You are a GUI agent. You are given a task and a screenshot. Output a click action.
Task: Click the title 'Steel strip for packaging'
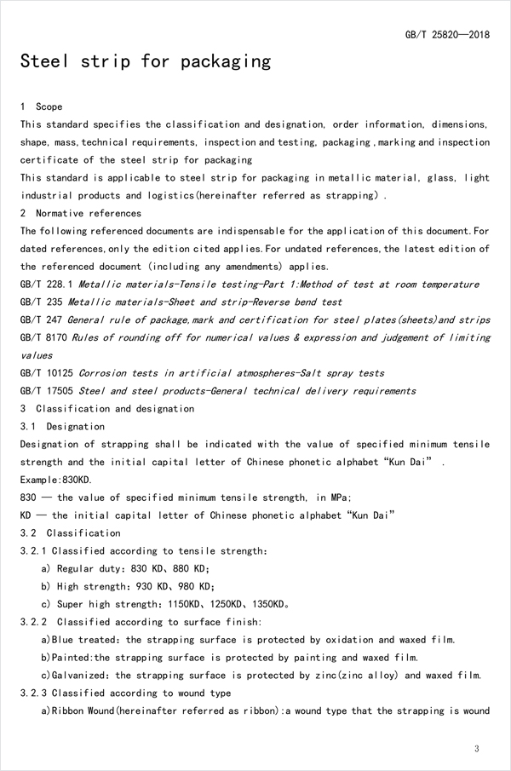click(x=146, y=62)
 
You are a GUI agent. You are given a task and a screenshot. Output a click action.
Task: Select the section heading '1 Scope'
click(x=41, y=107)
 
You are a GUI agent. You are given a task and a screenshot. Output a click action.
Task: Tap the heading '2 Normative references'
click(x=81, y=213)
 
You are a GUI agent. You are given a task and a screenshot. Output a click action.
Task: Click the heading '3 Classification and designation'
click(x=106, y=409)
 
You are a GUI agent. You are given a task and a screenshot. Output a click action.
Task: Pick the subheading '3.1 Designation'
click(x=62, y=427)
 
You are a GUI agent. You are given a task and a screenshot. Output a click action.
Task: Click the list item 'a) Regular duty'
click(x=80, y=568)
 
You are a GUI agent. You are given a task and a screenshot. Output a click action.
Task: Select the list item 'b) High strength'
click(x=83, y=586)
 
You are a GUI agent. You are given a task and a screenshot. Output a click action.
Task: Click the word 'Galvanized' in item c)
click(x=80, y=676)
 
